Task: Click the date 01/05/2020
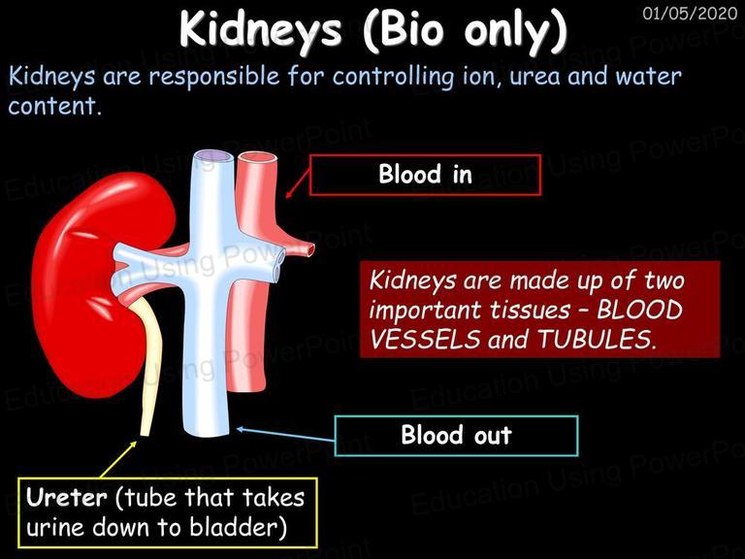(x=690, y=13)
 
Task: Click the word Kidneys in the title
(x=260, y=29)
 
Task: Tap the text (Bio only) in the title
(x=465, y=29)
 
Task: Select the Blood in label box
(x=425, y=175)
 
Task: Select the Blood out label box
(x=457, y=436)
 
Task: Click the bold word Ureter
(x=67, y=498)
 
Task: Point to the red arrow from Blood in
(x=298, y=184)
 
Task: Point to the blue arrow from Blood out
(x=285, y=434)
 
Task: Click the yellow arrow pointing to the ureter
(x=118, y=459)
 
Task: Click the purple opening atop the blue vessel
(x=213, y=156)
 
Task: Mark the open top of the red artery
(x=256, y=158)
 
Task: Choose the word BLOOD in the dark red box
(x=639, y=310)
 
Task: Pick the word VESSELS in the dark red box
(x=425, y=340)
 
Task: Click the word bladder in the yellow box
(x=238, y=527)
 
